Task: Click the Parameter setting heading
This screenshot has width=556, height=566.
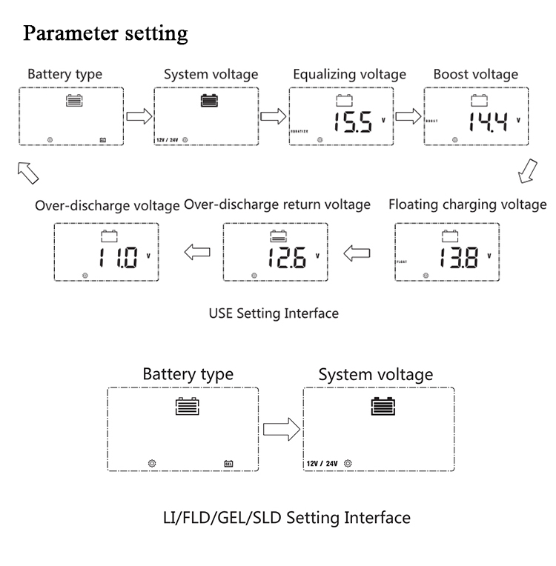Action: coord(105,34)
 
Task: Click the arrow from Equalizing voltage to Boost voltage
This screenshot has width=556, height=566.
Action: coord(407,116)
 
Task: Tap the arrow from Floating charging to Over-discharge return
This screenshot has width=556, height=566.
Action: coord(357,254)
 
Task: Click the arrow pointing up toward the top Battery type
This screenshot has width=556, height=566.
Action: coord(27,172)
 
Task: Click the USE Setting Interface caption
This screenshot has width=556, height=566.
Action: coord(274,313)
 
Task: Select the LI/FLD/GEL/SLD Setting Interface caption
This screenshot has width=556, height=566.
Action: coord(286,517)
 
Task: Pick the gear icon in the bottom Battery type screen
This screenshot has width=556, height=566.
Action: coord(152,464)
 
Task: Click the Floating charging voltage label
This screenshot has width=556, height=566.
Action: coord(467,204)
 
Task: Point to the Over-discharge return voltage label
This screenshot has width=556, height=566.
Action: coord(277,204)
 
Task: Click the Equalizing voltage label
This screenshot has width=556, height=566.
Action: coord(349,74)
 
